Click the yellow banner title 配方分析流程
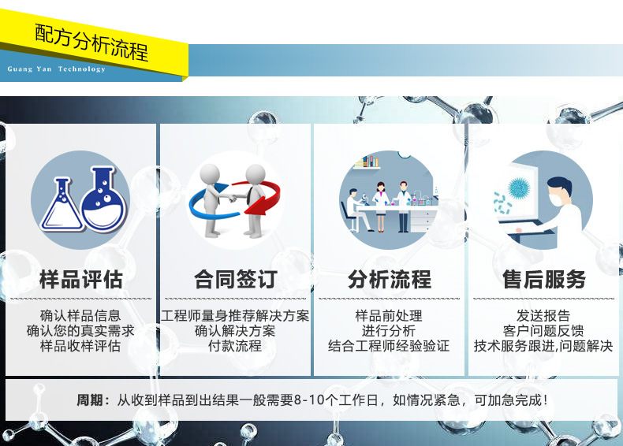point(91,43)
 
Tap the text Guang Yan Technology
point(57,69)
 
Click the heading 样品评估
point(81,279)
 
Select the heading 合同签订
point(235,279)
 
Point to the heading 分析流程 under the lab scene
point(390,279)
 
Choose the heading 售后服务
point(544,279)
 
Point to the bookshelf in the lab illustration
point(366,162)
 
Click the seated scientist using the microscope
point(355,210)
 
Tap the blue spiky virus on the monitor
point(519,188)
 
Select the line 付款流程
point(235,346)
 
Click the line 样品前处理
point(389,316)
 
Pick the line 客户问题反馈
point(543,331)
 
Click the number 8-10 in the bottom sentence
point(308,400)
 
